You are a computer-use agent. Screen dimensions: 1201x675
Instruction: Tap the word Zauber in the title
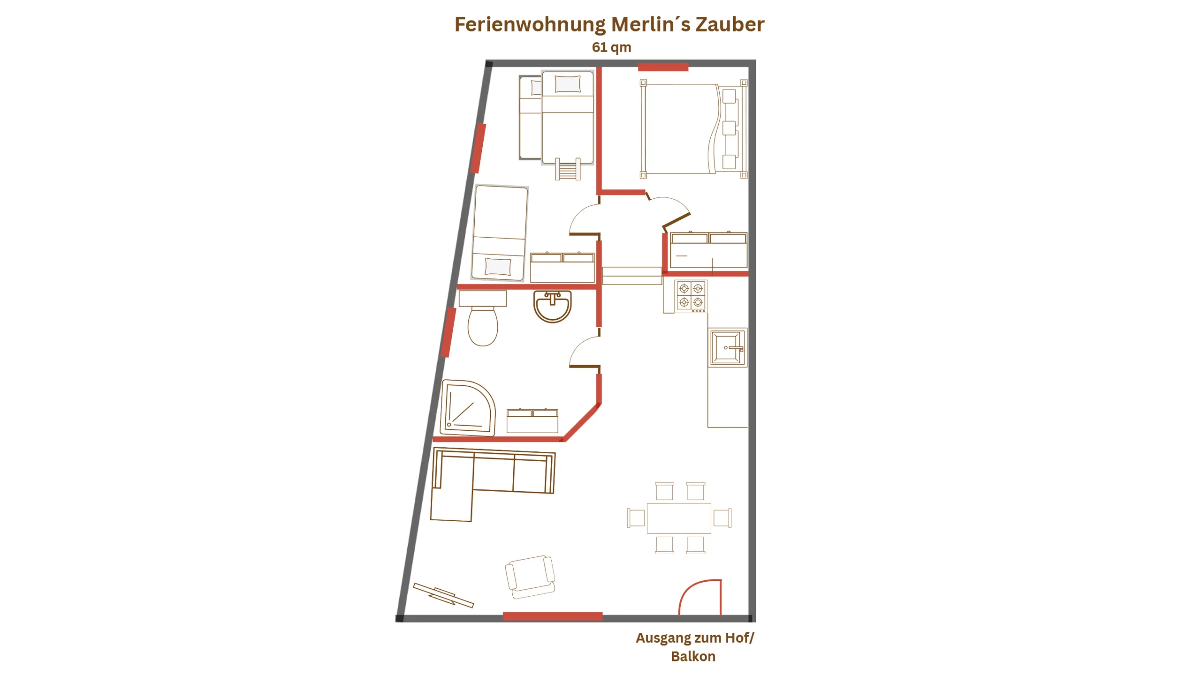[x=730, y=24]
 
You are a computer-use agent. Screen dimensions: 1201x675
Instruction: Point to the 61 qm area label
[x=611, y=47]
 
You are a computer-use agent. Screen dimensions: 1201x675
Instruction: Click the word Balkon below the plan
[x=693, y=656]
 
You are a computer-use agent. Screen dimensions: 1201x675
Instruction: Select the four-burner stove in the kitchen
[x=691, y=296]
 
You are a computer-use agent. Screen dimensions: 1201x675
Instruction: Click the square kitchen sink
[x=727, y=347]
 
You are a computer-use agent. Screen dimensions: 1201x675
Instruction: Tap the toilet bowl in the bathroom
[x=483, y=326]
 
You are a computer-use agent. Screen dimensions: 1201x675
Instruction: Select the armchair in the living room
[x=530, y=577]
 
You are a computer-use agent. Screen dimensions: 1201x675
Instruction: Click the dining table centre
[x=679, y=518]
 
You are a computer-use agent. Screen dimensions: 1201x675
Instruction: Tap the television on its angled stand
[x=443, y=595]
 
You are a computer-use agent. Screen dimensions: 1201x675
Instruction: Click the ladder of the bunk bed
[x=568, y=169]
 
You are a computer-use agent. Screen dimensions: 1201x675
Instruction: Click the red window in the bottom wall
[x=553, y=616]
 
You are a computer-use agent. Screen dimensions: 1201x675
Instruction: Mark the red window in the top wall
[x=663, y=67]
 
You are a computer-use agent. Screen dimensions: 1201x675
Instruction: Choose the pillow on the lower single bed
[x=498, y=266]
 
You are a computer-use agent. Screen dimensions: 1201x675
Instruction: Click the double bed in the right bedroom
[x=693, y=129]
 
